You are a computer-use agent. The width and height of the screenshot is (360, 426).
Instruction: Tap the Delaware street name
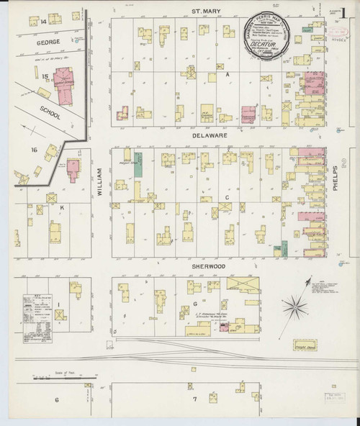(x=204, y=134)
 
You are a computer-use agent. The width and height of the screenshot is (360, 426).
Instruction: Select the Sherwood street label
(x=204, y=266)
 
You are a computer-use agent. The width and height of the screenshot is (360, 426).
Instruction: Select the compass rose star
(x=294, y=308)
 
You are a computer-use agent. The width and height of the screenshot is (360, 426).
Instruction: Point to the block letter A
(x=226, y=74)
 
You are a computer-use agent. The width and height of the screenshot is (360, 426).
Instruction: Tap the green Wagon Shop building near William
(x=137, y=162)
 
